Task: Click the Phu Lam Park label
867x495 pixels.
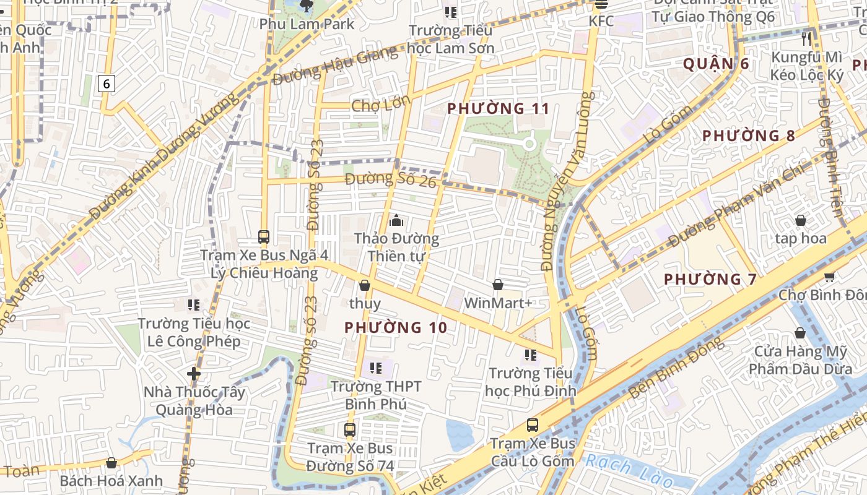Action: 307,24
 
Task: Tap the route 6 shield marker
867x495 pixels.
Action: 107,83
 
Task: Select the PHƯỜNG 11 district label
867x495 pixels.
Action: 498,109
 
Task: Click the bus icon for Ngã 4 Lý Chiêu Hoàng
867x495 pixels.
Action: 264,236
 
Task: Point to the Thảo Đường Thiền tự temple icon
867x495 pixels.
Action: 396,220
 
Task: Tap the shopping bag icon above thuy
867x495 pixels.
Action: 365,285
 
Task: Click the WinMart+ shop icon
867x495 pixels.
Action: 497,285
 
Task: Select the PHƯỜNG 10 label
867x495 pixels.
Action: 395,327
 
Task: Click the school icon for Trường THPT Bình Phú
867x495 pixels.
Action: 375,368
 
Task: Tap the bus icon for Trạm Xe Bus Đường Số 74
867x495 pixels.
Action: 350,429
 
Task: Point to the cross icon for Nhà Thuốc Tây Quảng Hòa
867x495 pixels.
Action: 194,374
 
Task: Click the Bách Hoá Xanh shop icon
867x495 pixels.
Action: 111,463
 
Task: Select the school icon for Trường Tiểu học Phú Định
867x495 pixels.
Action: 530,355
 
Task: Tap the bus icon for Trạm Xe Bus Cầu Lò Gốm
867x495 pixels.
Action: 533,425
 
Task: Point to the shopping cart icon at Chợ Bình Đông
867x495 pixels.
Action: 829,277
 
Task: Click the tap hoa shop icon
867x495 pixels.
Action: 800,220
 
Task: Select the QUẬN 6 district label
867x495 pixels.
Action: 716,64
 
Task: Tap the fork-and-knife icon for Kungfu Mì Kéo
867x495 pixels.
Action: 806,38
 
